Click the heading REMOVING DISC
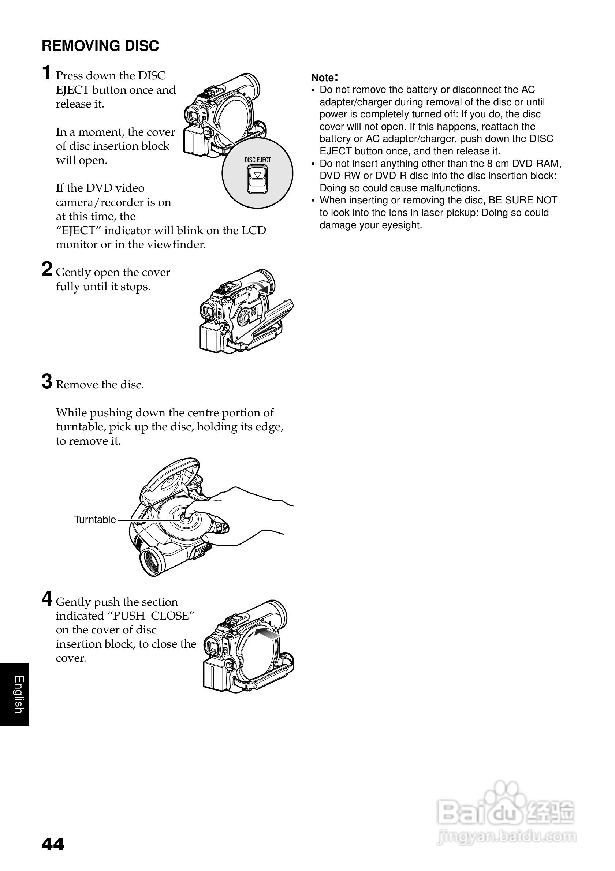click(x=100, y=46)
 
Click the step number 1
click(x=46, y=73)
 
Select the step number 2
click(x=46, y=270)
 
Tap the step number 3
click(x=46, y=382)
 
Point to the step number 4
click(x=46, y=599)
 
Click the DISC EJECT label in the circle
click(x=258, y=160)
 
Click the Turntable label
click(x=95, y=520)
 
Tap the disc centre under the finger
click(x=186, y=517)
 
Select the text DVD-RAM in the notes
click(x=540, y=164)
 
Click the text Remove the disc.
click(x=100, y=385)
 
